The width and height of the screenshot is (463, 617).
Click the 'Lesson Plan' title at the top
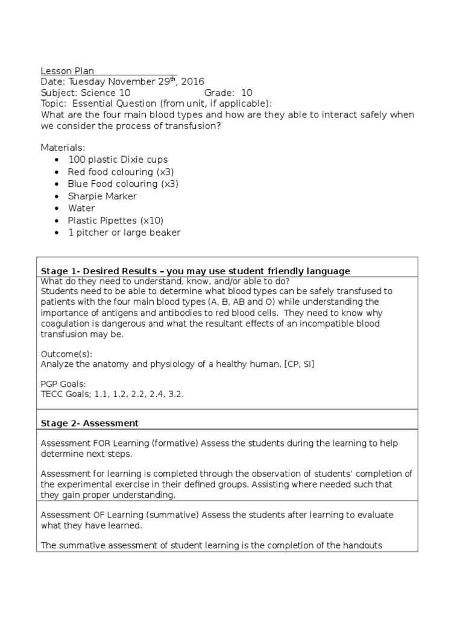68,70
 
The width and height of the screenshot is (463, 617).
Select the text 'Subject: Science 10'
85,93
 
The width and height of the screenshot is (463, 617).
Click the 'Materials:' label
63,148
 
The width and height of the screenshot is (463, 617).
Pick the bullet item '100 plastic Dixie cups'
118,160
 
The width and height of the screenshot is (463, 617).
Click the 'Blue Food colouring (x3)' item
124,184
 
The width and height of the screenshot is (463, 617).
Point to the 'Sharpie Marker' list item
102,196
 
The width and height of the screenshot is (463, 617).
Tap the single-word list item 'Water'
81,208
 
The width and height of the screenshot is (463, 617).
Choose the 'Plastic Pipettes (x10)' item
116,220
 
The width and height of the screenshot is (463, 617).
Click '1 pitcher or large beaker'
124,232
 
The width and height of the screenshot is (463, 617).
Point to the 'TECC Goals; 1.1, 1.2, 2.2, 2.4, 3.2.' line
112,394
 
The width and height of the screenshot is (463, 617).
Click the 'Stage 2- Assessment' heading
89,423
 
